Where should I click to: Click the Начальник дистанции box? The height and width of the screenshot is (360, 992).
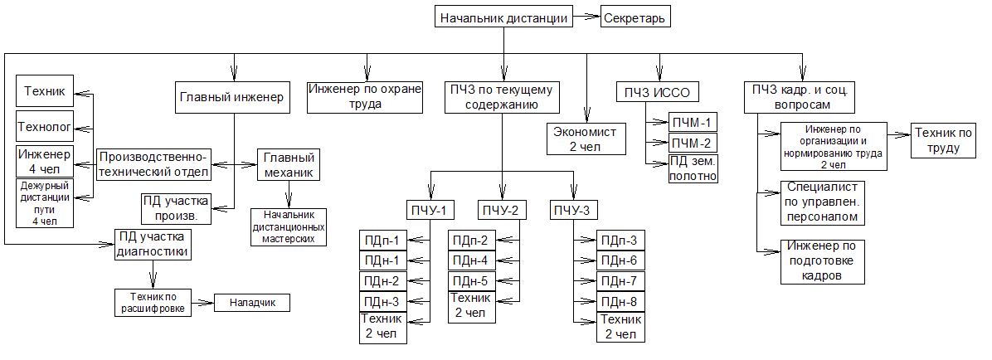point(503,17)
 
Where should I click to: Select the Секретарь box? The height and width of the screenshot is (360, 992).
point(635,17)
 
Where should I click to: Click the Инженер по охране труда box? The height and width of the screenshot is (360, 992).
point(366,97)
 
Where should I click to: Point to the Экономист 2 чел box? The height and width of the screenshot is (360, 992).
point(586,139)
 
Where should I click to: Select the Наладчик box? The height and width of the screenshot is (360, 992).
point(252,304)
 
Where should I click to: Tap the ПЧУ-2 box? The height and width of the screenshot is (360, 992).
point(503,210)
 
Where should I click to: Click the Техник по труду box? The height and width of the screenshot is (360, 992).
point(944,141)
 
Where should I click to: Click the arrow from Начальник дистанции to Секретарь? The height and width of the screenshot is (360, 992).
point(586,17)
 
